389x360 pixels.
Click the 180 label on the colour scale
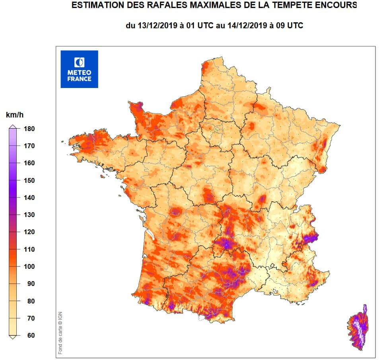click(x=29, y=129)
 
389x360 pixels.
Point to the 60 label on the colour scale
click(x=31, y=335)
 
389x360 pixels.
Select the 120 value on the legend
click(x=29, y=232)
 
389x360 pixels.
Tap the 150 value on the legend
click(x=29, y=180)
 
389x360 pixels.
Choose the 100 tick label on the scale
click(x=29, y=266)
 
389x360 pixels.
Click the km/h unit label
click(x=15, y=115)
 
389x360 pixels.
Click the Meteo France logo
click(x=79, y=69)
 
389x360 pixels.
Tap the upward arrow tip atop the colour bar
click(x=13, y=126)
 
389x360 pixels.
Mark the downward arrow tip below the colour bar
click(x=13, y=337)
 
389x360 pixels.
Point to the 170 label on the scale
click(x=29, y=146)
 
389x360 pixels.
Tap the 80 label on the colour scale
click(x=31, y=301)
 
